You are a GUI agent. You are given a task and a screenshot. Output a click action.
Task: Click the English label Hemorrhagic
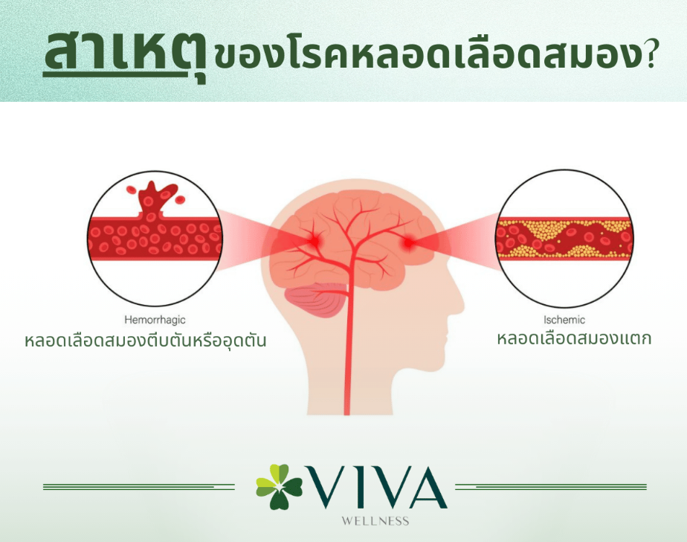coord(155,320)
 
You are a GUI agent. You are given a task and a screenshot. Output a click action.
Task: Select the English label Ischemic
coord(564,320)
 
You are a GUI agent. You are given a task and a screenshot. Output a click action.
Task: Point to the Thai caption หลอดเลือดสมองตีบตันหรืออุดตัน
coord(146,340)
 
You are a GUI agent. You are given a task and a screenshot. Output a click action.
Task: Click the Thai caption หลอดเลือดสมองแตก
coord(574,338)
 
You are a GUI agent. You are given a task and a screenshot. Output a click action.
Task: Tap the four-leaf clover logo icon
coord(279,486)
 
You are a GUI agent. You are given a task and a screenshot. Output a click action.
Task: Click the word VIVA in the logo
coord(377,487)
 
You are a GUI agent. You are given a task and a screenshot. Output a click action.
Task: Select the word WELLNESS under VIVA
coord(375,521)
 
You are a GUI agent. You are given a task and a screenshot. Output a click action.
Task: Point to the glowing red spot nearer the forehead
coord(409,242)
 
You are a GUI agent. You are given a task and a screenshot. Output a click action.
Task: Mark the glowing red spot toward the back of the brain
coord(314,241)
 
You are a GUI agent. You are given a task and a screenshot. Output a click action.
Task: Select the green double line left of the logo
coord(139,487)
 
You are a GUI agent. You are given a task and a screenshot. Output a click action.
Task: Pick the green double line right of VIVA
coord(551,487)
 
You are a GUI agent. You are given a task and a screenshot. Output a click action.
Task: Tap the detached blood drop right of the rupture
coord(180,200)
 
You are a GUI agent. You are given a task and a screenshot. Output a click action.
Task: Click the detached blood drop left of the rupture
coord(132,190)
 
